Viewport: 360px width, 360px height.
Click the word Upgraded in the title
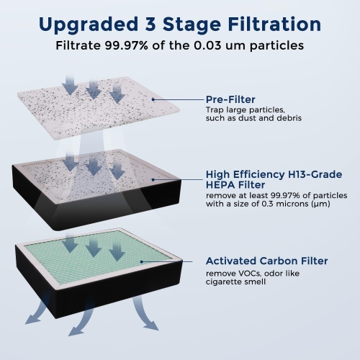click(x=89, y=25)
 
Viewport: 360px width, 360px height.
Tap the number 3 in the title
click(x=150, y=24)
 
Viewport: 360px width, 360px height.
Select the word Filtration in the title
click(x=275, y=24)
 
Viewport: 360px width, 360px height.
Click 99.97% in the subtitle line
click(x=126, y=45)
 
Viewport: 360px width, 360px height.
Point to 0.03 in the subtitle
click(x=207, y=45)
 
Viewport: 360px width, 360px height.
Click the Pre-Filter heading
click(x=230, y=99)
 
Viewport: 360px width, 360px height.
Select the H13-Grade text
click(x=315, y=174)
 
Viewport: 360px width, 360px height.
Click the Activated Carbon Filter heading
click(x=266, y=261)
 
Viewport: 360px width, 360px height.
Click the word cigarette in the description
click(x=223, y=282)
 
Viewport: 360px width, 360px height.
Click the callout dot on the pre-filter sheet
click(x=153, y=99)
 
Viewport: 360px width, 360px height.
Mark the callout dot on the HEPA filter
click(x=153, y=179)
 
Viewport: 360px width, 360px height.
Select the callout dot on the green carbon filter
click(x=142, y=261)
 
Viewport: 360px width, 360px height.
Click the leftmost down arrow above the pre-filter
click(x=70, y=84)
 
